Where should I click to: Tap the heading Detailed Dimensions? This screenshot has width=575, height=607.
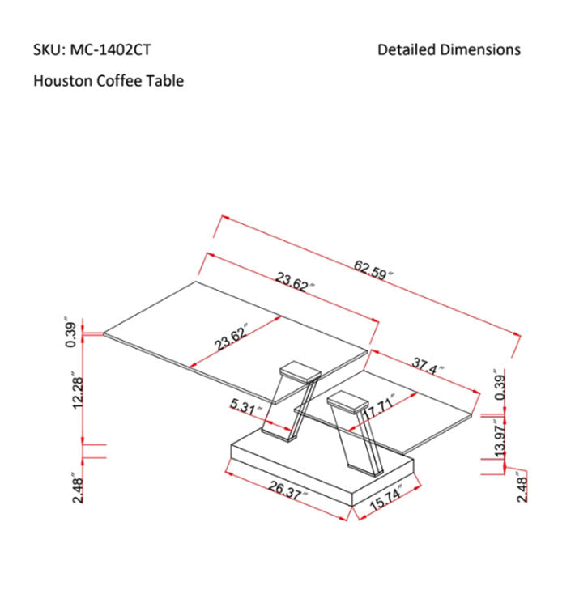click(x=449, y=50)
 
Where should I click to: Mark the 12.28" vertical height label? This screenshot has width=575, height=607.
click(x=79, y=390)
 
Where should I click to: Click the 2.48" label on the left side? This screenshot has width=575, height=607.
click(x=79, y=488)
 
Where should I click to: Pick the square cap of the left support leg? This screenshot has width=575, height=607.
click(x=297, y=371)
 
